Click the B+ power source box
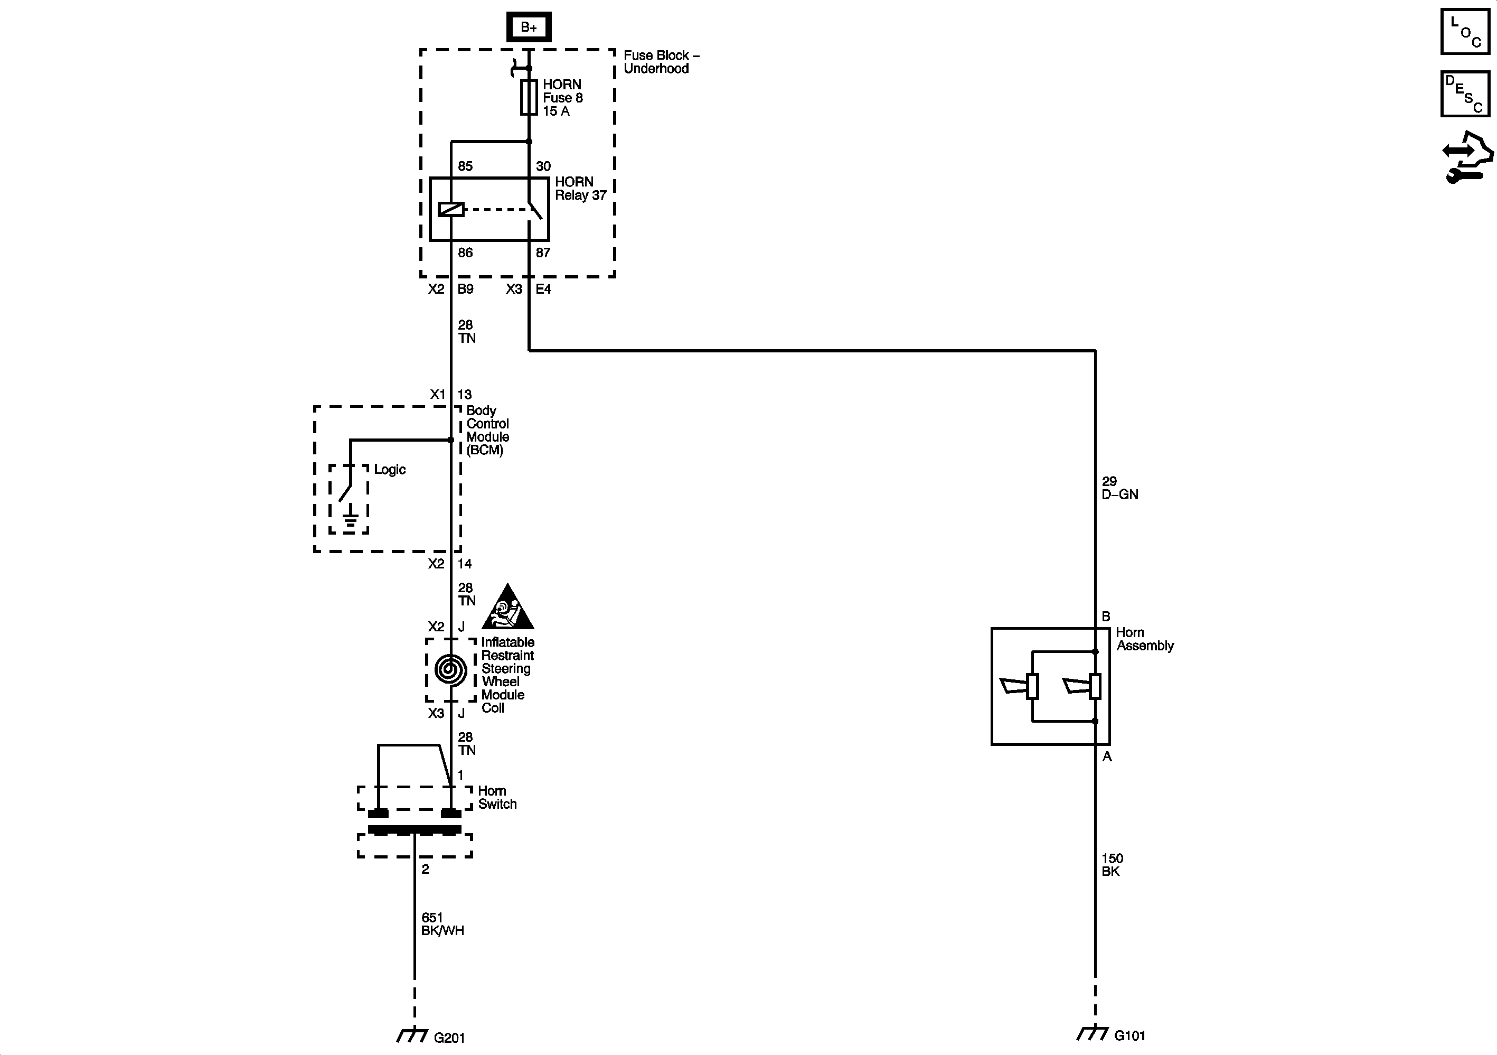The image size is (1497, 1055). [x=529, y=27]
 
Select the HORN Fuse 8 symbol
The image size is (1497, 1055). [x=529, y=98]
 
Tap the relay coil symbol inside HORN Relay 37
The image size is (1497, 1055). [x=451, y=209]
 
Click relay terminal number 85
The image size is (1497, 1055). [x=465, y=166]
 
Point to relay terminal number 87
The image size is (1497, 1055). [x=543, y=253]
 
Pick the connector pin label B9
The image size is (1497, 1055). [x=466, y=289]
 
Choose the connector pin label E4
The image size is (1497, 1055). [x=543, y=289]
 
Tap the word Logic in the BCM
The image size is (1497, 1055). [x=390, y=470]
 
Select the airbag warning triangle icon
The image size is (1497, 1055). [x=508, y=608]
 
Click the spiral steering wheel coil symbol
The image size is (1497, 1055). [x=450, y=670]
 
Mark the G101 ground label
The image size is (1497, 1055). [x=1130, y=1035]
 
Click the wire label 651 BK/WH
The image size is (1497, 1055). [x=442, y=925]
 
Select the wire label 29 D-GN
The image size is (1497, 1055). [x=1119, y=488]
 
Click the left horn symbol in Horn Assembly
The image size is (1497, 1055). [x=1019, y=686]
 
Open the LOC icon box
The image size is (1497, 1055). [x=1464, y=31]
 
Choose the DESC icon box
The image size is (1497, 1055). [x=1464, y=94]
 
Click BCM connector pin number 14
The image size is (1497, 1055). [x=464, y=564]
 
